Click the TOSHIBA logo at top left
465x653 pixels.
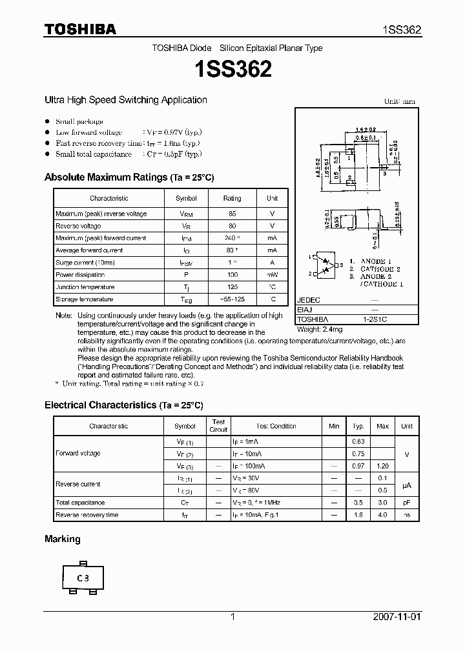click(x=80, y=29)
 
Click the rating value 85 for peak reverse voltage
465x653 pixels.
click(x=232, y=214)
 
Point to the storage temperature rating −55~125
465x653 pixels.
click(x=232, y=299)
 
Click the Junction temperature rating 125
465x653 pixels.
click(x=232, y=287)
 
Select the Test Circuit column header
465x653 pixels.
click(x=219, y=425)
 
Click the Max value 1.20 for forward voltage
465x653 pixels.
click(x=382, y=466)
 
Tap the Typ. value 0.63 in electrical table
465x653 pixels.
click(x=358, y=441)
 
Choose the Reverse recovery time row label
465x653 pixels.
click(x=87, y=515)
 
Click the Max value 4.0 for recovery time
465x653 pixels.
click(x=382, y=515)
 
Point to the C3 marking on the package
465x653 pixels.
click(x=83, y=578)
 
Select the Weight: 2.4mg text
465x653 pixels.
click(x=321, y=329)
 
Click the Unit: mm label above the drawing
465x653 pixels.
click(x=400, y=101)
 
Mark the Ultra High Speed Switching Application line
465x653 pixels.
click(x=125, y=100)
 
